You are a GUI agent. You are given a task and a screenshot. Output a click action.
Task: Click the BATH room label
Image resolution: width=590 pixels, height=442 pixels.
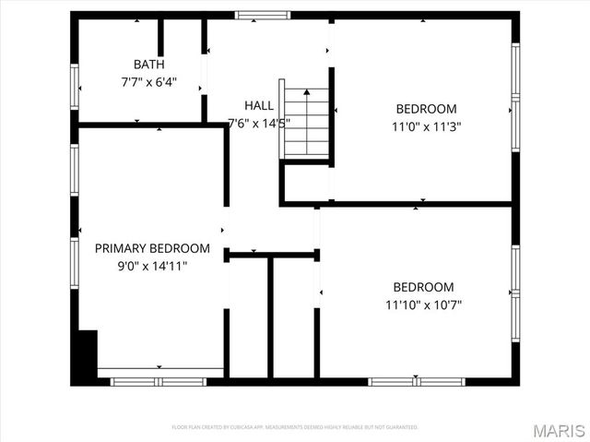coord(148,65)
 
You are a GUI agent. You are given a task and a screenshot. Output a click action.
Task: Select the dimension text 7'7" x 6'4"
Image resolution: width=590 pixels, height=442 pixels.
coord(148,81)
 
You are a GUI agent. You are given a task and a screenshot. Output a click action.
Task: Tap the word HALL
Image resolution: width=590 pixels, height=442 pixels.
coord(258,105)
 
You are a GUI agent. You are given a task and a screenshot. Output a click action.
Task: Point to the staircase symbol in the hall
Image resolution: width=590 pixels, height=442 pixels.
coord(306,123)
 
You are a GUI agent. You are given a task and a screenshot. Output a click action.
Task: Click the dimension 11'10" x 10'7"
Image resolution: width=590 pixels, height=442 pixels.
coord(423,304)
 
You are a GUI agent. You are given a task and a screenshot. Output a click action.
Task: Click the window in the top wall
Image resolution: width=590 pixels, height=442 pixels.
coord(262,15)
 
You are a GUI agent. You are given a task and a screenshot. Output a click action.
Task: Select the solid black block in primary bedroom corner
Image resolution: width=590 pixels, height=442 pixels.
coord(85,357)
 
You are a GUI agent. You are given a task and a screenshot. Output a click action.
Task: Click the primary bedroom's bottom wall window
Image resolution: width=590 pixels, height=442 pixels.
coord(159,380)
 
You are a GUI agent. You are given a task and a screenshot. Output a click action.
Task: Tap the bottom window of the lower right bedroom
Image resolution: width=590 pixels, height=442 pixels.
coord(415,380)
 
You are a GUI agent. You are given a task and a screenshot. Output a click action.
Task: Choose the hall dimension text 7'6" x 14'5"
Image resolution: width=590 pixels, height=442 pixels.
coord(259,122)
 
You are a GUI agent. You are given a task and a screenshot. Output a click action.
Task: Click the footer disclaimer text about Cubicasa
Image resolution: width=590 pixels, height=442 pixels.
coord(295,427)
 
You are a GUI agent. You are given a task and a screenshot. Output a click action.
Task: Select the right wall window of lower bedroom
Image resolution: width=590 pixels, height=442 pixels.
coord(515,292)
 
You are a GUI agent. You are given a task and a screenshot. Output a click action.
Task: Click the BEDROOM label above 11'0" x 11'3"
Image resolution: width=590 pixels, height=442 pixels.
coord(426,108)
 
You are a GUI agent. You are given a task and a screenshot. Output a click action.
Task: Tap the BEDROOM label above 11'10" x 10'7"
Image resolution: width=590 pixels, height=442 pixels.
coord(423,286)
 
